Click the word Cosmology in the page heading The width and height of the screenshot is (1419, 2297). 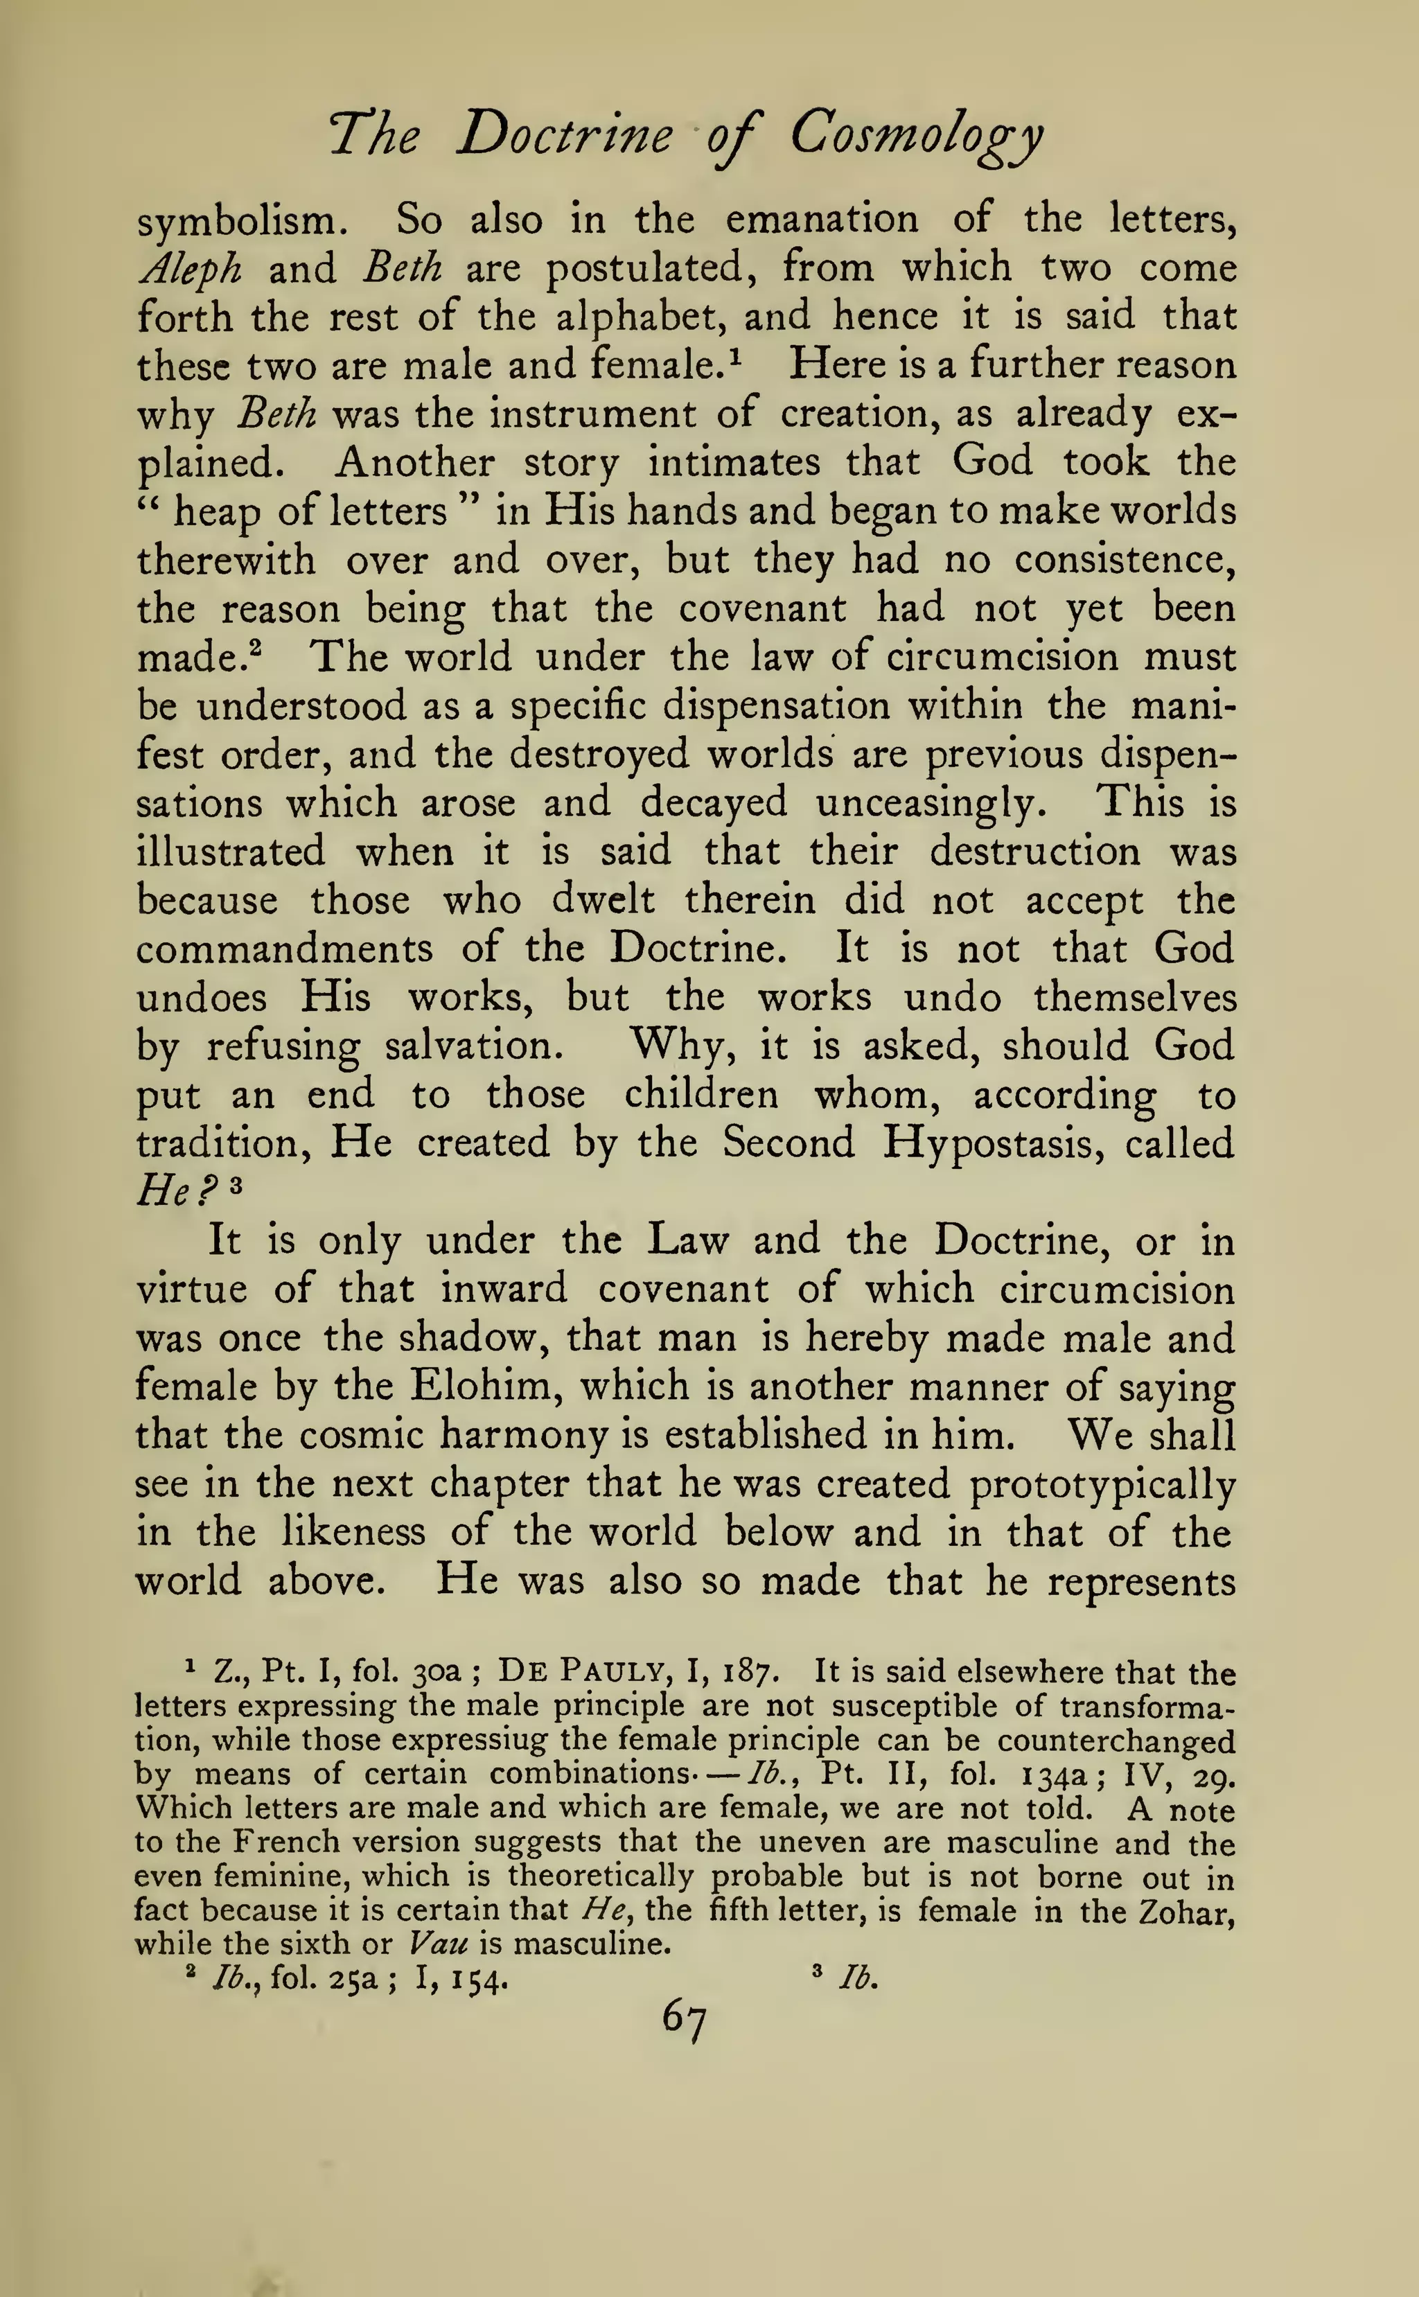[x=915, y=135]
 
